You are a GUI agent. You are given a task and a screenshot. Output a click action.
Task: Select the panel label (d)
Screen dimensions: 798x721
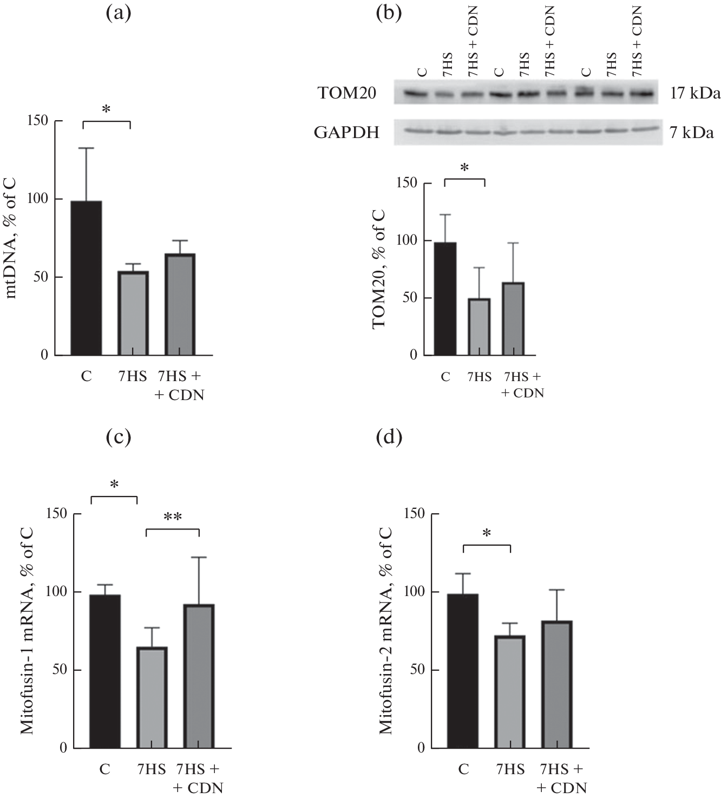[389, 436]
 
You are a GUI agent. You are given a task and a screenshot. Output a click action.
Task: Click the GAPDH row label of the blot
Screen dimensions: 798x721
[346, 132]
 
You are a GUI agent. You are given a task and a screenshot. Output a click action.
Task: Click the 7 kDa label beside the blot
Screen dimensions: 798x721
[692, 132]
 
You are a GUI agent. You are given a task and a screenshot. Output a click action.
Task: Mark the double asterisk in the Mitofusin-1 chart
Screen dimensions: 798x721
[173, 517]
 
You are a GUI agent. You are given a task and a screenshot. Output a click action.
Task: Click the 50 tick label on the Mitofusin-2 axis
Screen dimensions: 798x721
[415, 670]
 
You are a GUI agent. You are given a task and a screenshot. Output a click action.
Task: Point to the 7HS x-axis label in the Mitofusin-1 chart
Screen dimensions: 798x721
[151, 769]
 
